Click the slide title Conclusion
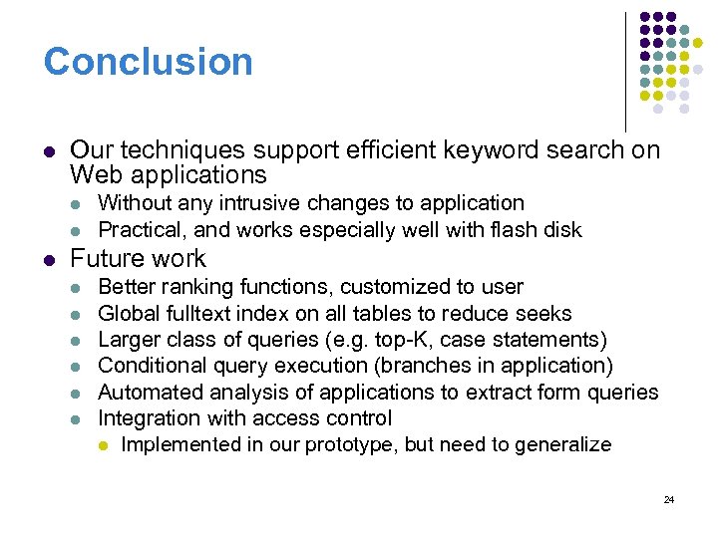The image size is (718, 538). tap(148, 62)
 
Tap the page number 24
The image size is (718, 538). tap(668, 499)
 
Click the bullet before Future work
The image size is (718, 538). tap(50, 259)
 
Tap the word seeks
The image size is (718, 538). tap(544, 314)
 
